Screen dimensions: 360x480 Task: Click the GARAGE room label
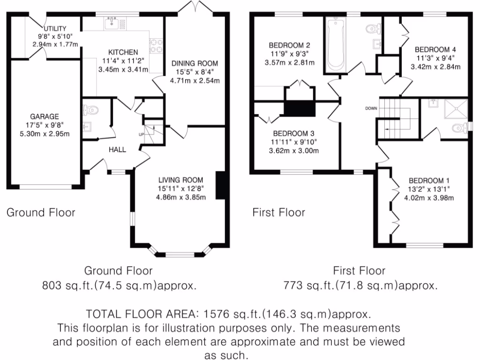pyautogui.click(x=45, y=117)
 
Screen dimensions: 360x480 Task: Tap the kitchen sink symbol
pyautogui.click(x=112, y=22)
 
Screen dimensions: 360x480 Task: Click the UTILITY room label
pyautogui.click(x=55, y=29)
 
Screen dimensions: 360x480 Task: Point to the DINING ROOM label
pyautogui.click(x=195, y=63)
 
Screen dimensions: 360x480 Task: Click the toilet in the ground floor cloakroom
pyautogui.click(x=91, y=111)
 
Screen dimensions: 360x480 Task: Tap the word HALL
pyautogui.click(x=117, y=150)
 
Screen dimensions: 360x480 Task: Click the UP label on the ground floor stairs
pyautogui.click(x=141, y=134)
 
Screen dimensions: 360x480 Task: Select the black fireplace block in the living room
pyautogui.click(x=219, y=186)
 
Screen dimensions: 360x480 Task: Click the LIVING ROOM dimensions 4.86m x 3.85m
pyautogui.click(x=181, y=197)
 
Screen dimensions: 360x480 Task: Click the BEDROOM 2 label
pyautogui.click(x=289, y=45)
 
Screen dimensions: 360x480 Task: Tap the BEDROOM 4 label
pyautogui.click(x=435, y=49)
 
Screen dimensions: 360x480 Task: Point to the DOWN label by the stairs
pyautogui.click(x=371, y=108)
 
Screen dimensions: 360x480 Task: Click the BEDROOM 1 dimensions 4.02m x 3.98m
pyautogui.click(x=429, y=198)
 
